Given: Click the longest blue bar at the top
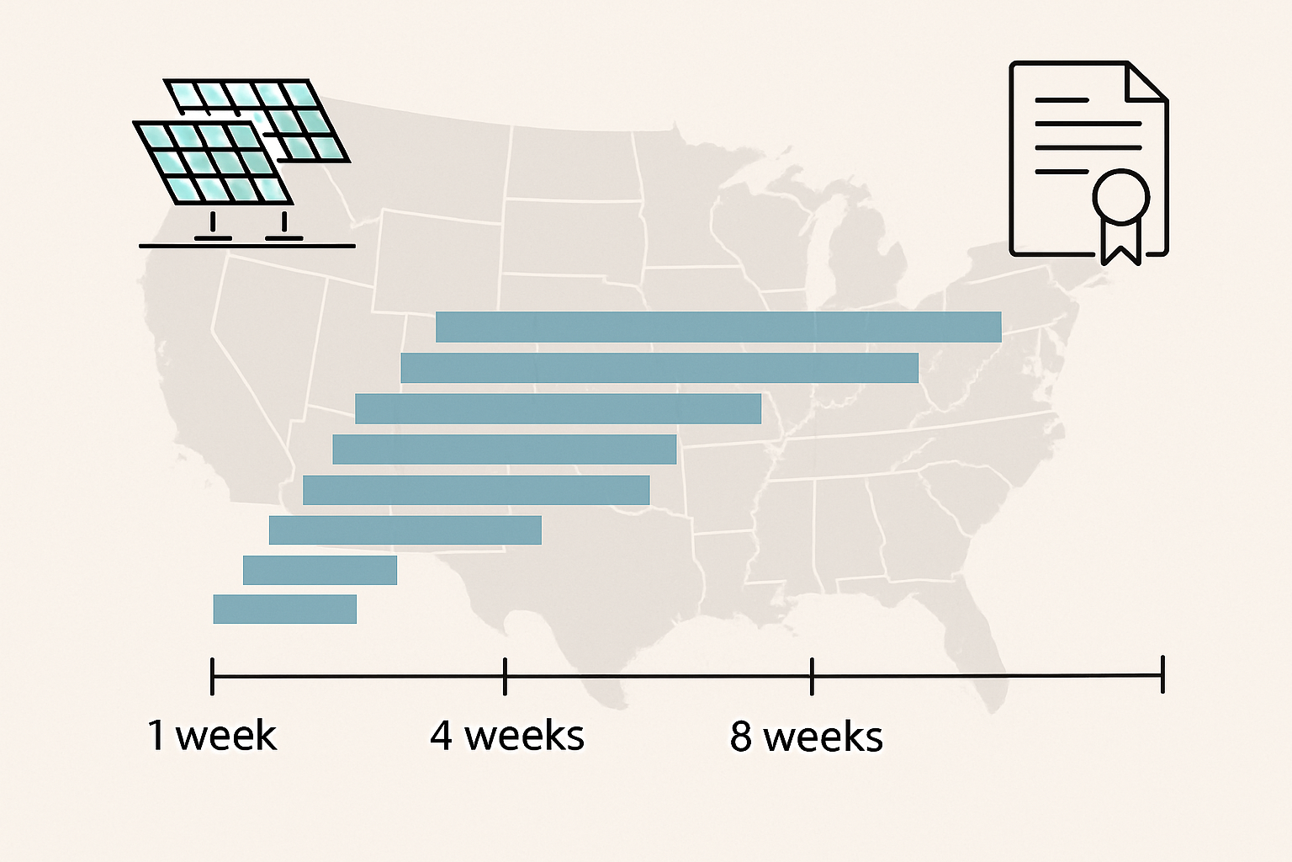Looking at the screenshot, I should coord(718,327).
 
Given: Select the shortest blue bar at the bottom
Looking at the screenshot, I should coord(284,609).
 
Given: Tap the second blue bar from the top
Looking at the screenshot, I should coord(659,368).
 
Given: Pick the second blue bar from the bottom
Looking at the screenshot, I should coord(320,570).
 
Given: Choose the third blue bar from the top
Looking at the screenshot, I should coord(558,408).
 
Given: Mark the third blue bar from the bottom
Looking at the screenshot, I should coord(405,530).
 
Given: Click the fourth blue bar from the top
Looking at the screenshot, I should coord(504,450).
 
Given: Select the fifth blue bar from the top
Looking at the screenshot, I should coord(476,490).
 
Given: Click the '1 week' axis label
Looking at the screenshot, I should coord(212,735).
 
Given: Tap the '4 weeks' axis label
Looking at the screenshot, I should coord(506,736).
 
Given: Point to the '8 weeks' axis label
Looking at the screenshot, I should coord(806,736).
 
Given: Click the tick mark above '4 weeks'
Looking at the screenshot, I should coord(505,676).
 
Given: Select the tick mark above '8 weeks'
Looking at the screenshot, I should coord(812,676).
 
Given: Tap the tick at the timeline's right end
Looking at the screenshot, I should coord(1162,675).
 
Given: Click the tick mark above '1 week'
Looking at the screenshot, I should coord(212,676).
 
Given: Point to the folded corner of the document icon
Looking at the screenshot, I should coord(1146,82).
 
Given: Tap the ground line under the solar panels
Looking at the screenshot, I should coord(246,246).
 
